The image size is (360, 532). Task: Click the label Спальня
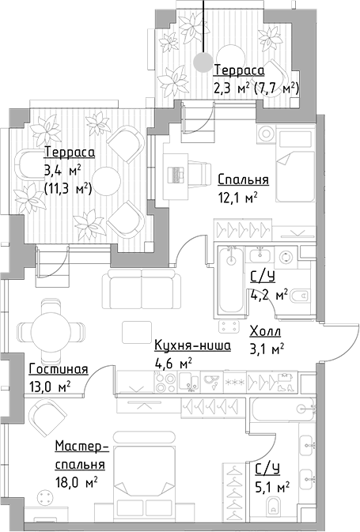(243, 179)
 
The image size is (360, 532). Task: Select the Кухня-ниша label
(191, 345)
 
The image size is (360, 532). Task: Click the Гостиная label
(57, 369)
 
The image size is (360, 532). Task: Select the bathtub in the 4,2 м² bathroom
(232, 282)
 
